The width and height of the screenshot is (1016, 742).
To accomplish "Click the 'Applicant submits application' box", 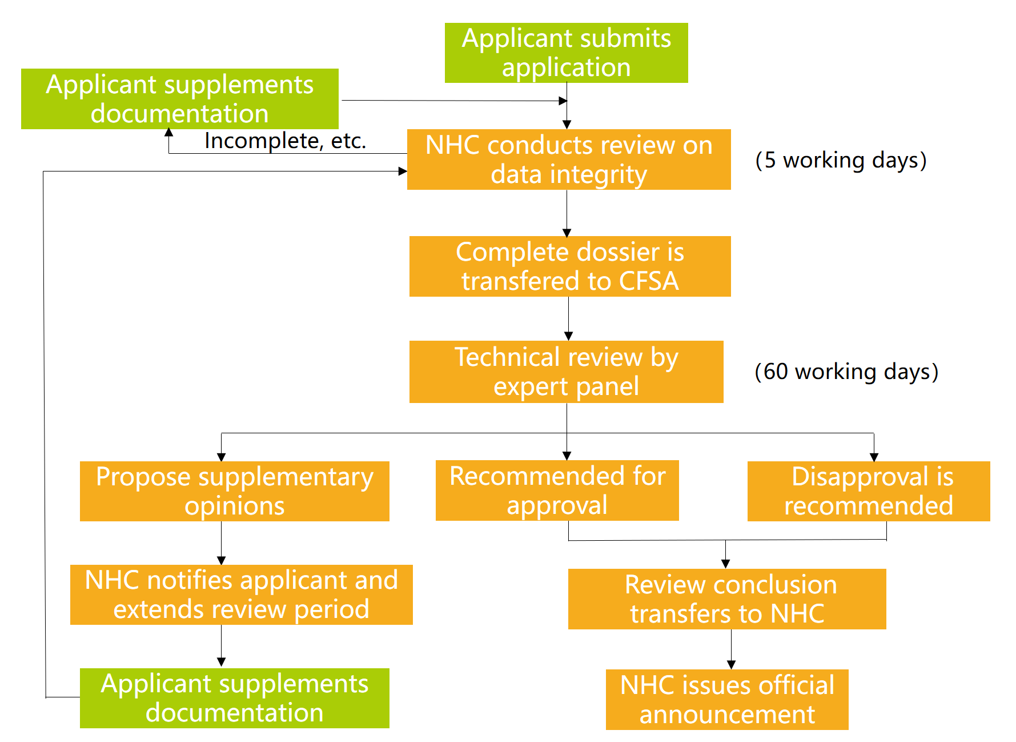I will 566,53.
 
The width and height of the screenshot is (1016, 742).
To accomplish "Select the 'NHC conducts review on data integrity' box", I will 569,159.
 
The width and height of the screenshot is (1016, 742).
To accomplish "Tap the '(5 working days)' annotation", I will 840,160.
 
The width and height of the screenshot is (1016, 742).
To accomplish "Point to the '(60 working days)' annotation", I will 846,372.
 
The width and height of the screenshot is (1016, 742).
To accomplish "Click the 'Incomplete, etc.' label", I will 285,141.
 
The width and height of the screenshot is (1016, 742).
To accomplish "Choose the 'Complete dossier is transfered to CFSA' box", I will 570,266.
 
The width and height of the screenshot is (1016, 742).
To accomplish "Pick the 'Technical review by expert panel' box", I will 566,372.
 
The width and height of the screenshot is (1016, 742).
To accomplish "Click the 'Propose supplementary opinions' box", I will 234,491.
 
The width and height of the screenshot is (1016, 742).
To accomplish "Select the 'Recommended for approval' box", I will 557,490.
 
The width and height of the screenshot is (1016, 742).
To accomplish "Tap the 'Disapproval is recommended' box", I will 868,491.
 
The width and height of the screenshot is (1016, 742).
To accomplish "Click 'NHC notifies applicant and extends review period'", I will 241,595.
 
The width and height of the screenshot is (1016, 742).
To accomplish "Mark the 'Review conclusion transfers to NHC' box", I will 727,599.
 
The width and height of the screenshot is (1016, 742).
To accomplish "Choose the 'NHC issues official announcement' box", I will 727,700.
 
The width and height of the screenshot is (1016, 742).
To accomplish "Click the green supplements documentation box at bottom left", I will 234,698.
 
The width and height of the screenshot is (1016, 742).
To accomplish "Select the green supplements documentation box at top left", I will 179,99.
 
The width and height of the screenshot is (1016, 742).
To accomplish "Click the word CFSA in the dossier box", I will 649,281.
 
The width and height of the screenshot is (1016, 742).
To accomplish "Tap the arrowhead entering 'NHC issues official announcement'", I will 731,665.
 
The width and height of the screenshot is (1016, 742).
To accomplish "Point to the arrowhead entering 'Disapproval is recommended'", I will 874,457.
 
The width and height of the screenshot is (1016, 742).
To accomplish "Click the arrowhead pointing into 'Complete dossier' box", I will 567,232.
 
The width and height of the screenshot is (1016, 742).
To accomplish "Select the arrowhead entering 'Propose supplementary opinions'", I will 221,457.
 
